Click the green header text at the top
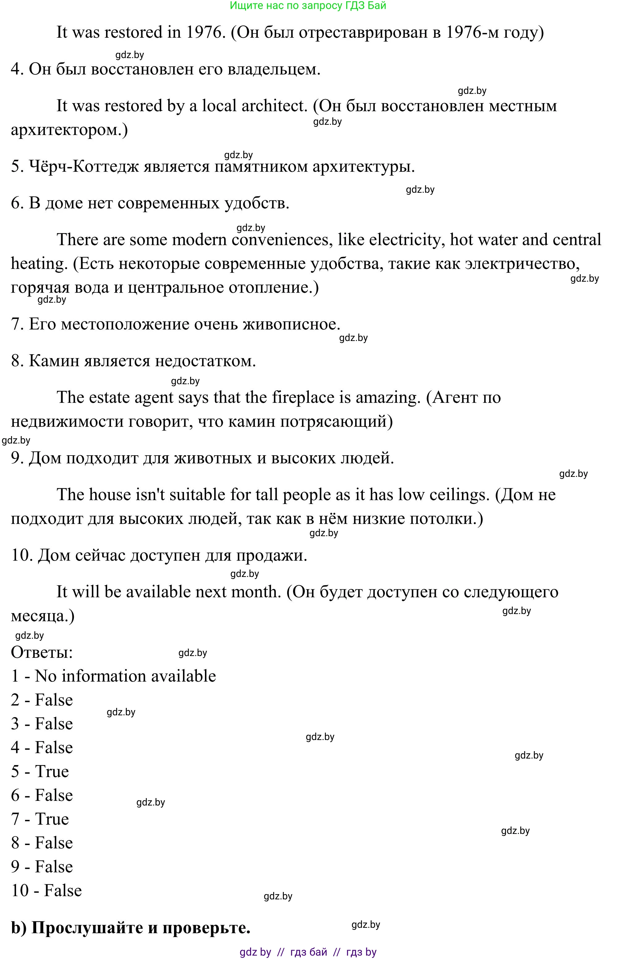[x=308, y=6]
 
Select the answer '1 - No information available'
[x=113, y=676]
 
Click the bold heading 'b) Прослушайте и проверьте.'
[x=131, y=927]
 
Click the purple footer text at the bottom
[x=308, y=952]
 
